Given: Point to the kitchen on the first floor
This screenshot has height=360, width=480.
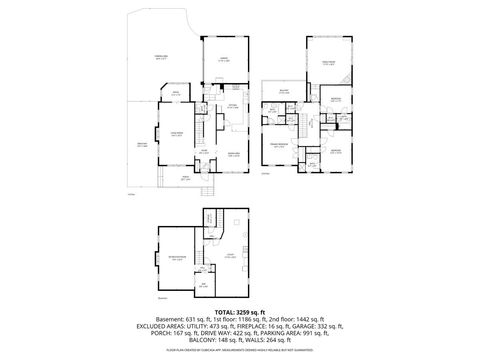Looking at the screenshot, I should [231, 112].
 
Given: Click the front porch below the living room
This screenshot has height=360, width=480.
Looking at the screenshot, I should [184, 180].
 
